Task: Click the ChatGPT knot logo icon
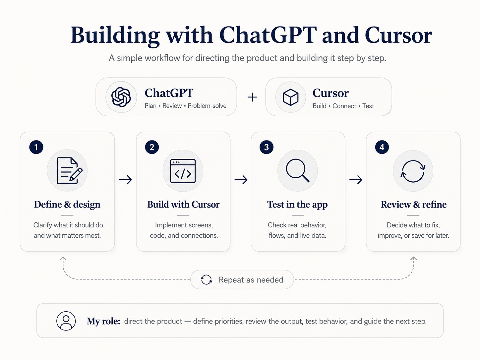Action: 121,97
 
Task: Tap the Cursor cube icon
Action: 290,97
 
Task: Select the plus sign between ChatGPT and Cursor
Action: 252,97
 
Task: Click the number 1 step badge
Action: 36,147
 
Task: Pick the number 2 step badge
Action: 152,147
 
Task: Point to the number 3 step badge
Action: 266,147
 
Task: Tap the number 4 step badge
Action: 382,147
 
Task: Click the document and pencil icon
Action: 69,171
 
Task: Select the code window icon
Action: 183,171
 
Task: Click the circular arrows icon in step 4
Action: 413,171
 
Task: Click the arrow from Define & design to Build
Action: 125,180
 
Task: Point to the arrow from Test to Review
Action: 356,180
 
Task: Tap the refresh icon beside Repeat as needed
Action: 206,279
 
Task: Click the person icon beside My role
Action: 66,321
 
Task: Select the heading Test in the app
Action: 297,205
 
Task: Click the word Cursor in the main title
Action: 398,35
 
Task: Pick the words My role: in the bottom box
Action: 103,321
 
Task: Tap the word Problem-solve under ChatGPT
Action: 207,106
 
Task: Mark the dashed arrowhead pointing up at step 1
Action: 63,259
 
